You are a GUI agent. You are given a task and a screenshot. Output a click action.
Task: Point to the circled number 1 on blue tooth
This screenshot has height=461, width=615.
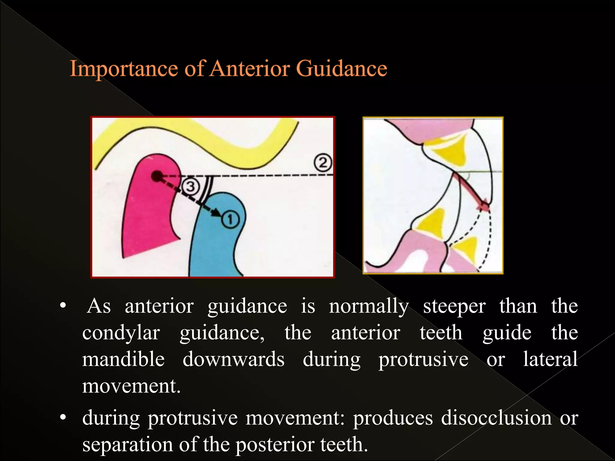(230, 220)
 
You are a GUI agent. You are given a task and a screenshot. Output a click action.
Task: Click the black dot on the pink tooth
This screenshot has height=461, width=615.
(156, 176)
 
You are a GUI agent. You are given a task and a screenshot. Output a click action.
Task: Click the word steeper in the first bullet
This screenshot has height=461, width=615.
(454, 306)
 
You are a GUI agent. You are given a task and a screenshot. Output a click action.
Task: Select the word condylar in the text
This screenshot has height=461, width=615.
(121, 333)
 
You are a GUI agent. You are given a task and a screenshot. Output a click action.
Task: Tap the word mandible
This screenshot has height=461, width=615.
(123, 359)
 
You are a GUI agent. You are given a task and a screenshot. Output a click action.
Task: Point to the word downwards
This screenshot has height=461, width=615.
(233, 359)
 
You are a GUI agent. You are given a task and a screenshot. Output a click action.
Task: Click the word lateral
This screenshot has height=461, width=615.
(550, 359)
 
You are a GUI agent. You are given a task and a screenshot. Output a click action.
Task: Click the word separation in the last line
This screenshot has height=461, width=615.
(128, 444)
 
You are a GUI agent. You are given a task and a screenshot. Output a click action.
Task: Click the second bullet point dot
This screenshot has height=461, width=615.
(62, 417)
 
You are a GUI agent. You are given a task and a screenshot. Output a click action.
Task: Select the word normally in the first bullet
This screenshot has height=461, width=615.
(369, 306)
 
